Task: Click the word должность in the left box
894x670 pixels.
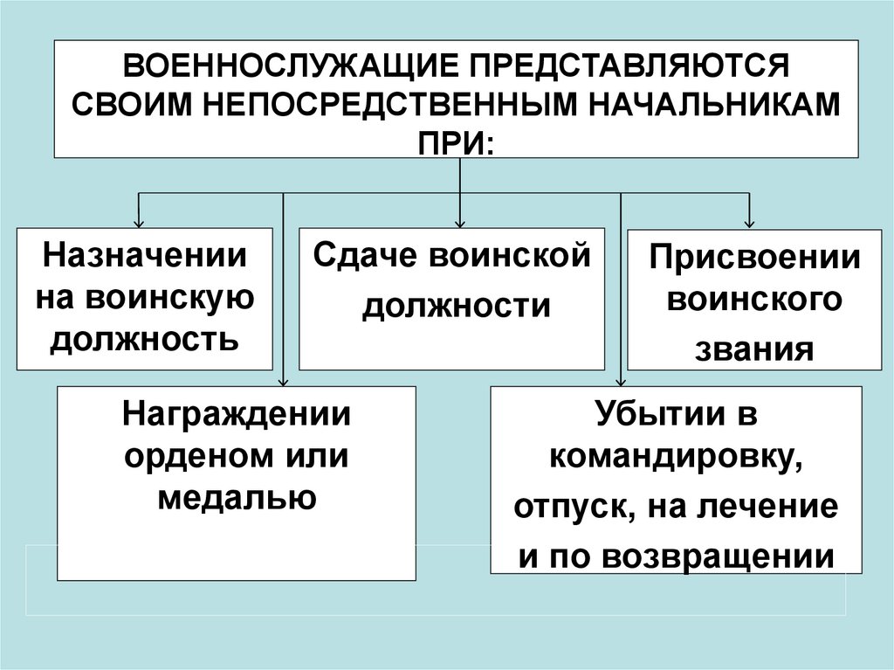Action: (x=145, y=337)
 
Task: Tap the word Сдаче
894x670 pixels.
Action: (x=361, y=256)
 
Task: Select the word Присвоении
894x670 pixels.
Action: (x=754, y=259)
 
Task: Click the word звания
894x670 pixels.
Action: (x=754, y=348)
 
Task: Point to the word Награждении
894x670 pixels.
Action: (x=237, y=412)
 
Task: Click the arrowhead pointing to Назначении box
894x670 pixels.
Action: (x=138, y=221)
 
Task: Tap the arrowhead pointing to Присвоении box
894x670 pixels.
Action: (x=749, y=221)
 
